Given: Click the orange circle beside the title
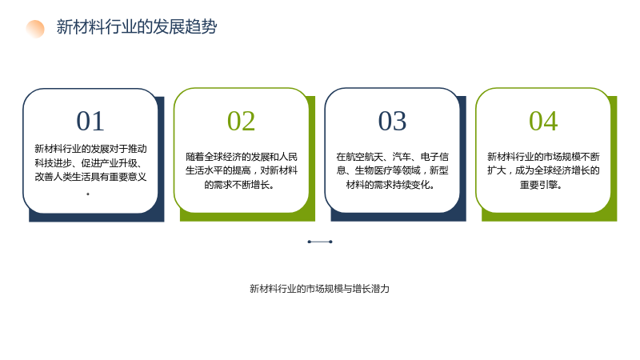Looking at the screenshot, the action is (x=35, y=29).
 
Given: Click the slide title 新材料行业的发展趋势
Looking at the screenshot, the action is (x=137, y=27).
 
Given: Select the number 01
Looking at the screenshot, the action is (x=90, y=122).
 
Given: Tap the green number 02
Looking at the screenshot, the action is (x=242, y=122).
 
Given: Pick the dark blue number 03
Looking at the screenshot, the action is (x=392, y=122).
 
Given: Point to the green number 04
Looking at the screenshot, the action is (x=543, y=122).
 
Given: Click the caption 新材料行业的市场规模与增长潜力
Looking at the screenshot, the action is (x=319, y=289).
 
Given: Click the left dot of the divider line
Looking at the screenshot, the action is (x=310, y=242).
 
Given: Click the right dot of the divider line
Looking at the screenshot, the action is (x=330, y=242).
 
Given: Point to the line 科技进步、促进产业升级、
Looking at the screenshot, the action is (x=88, y=163).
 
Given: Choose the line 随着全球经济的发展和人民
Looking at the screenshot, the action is (x=242, y=157).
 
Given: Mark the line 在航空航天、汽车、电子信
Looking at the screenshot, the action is (x=392, y=157).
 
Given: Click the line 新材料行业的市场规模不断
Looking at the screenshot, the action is (x=543, y=157).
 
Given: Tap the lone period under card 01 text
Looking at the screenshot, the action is (x=88, y=194).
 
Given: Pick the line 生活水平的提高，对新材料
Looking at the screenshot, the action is (x=242, y=170).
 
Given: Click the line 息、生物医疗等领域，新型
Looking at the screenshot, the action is (x=392, y=170).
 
